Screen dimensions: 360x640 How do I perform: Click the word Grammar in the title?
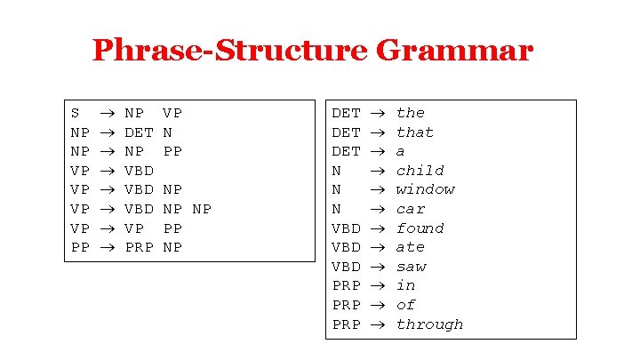[454, 51]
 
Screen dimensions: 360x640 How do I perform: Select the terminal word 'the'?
[411, 113]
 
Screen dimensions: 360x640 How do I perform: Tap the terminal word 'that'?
[415, 132]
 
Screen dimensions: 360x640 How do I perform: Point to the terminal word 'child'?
[420, 171]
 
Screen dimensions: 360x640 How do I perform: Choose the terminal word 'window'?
[425, 189]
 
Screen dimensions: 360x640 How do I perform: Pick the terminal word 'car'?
[411, 209]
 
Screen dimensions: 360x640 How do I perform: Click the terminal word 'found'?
[420, 228]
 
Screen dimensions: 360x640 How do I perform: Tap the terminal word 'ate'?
[411, 247]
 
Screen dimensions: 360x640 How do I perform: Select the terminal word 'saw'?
[411, 267]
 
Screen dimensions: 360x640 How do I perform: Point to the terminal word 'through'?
[429, 324]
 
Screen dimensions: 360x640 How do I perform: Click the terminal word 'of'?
[405, 305]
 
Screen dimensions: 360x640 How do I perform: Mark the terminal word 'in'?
[405, 285]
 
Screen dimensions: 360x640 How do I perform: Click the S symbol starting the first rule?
[75, 113]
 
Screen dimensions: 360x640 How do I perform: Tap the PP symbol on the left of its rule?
[80, 247]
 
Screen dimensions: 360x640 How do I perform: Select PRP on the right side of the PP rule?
[140, 247]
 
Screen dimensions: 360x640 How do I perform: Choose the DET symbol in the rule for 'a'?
[346, 151]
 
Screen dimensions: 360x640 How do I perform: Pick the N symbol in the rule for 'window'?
[336, 189]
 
